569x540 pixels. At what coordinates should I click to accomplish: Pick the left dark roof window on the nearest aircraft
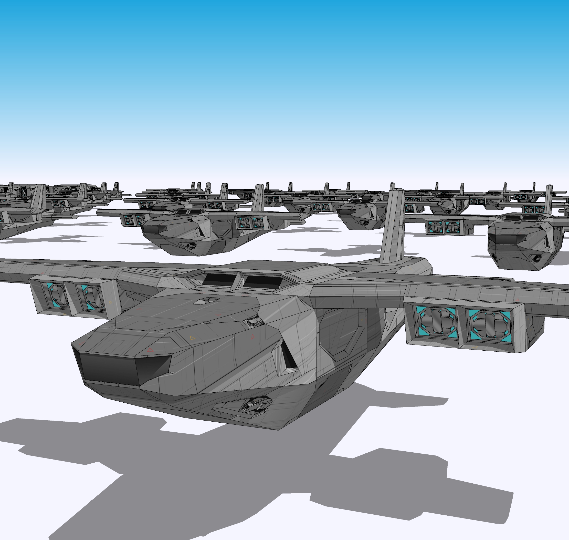[218, 279]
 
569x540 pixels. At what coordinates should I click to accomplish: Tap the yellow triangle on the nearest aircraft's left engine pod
[110, 302]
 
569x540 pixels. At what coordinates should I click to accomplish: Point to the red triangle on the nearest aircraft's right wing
[518, 300]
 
